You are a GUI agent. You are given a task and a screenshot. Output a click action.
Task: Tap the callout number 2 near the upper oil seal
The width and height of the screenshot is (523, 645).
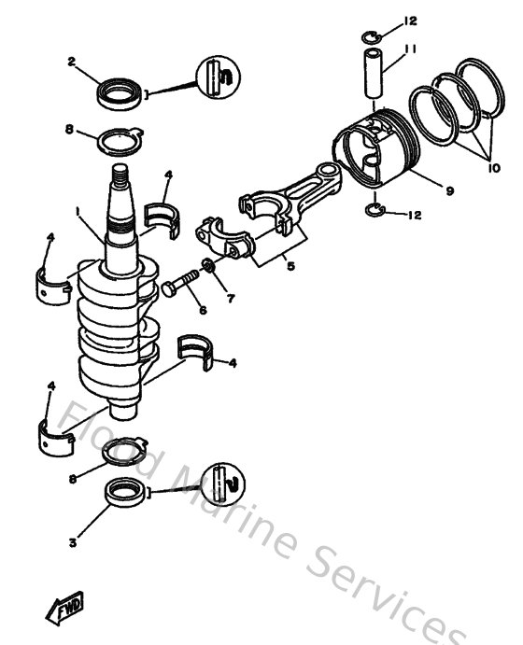click(x=70, y=63)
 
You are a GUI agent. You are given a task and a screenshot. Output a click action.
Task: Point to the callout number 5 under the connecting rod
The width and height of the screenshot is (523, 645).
click(x=290, y=266)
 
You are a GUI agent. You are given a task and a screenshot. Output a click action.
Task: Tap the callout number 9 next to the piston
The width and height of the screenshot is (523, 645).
click(x=449, y=190)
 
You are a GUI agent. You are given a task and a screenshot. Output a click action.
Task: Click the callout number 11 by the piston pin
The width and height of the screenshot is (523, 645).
click(x=408, y=49)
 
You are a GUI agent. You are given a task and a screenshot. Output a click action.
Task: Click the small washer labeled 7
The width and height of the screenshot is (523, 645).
click(x=210, y=269)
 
